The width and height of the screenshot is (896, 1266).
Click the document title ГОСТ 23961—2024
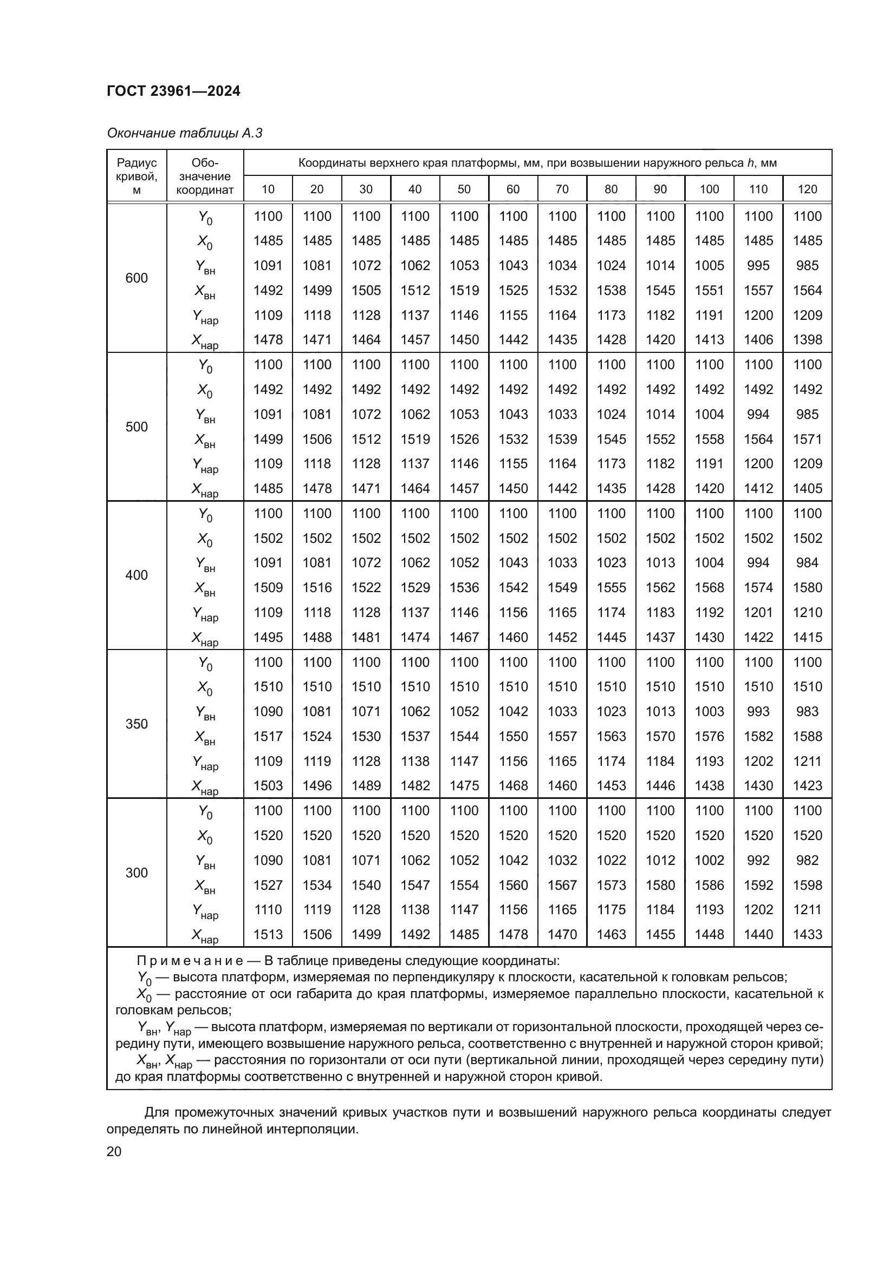[x=173, y=91]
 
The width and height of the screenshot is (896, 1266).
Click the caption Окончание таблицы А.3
[x=184, y=133]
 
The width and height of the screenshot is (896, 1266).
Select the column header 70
[x=562, y=189]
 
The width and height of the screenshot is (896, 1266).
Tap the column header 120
[x=807, y=189]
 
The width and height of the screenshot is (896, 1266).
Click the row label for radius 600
[x=137, y=278]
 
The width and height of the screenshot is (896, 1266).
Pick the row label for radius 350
[x=137, y=724]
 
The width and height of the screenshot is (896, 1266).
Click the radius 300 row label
[x=137, y=873]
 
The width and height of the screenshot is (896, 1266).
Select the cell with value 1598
[x=807, y=885]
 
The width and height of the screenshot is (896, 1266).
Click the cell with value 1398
[x=807, y=340]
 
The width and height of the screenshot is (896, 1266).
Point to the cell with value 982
[x=807, y=860]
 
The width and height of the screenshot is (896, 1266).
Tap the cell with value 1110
[x=268, y=910]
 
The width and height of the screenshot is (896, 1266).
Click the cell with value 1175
[x=611, y=910]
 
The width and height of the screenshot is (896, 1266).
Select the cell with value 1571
[x=807, y=439]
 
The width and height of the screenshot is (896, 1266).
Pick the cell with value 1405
[x=807, y=489]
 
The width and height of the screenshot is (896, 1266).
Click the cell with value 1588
[x=807, y=736]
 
